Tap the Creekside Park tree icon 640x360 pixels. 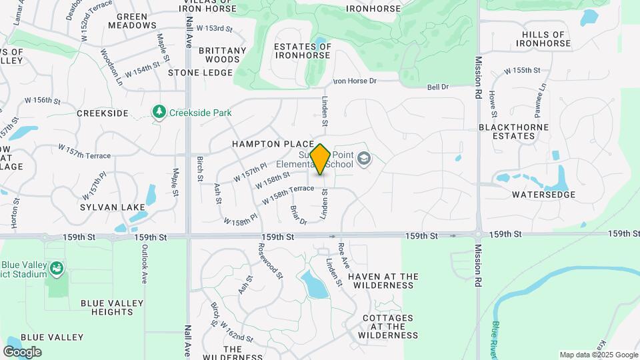159,112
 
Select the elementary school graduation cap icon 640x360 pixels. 363,159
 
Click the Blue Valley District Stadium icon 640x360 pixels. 57,269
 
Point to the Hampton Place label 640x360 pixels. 273,144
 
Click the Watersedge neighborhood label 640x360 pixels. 543,195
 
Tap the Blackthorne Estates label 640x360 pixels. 514,131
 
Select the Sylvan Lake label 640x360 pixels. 113,207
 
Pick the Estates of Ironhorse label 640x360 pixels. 302,51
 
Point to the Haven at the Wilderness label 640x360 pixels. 383,281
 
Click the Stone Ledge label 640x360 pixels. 200,72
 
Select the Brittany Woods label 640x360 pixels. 222,55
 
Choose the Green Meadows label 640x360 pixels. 136,21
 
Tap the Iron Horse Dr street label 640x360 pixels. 355,81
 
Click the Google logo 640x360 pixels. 22,352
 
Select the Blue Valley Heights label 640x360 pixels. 112,307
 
